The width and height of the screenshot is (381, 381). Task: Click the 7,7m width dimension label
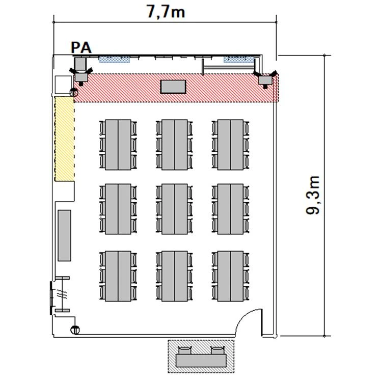click(x=166, y=11)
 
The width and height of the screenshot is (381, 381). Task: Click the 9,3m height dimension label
click(x=313, y=195)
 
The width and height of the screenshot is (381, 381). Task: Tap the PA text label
click(x=81, y=47)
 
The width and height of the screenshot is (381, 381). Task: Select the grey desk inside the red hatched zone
click(x=173, y=87)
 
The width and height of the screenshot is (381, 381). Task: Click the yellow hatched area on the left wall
click(x=64, y=139)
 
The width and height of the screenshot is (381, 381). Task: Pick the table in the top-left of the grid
click(x=118, y=145)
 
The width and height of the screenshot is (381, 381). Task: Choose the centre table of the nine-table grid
click(x=175, y=209)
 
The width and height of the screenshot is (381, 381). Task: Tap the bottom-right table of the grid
click(x=230, y=276)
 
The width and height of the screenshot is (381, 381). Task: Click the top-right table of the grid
click(x=230, y=145)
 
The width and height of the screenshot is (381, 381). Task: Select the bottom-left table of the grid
click(x=118, y=276)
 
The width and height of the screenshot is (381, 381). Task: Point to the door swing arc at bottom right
click(x=243, y=317)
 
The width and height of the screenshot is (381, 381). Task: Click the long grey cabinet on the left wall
click(x=64, y=235)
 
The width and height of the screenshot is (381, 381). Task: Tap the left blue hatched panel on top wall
click(x=114, y=60)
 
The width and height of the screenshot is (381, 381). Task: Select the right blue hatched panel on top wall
click(x=238, y=60)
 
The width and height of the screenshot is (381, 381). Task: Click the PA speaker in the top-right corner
click(x=265, y=79)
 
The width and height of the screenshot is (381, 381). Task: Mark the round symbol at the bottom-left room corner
click(x=75, y=330)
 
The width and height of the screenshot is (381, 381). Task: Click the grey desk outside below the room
click(x=201, y=361)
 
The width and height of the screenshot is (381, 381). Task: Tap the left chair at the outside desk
click(x=185, y=350)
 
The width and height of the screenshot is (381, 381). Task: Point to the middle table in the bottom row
click(x=175, y=276)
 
